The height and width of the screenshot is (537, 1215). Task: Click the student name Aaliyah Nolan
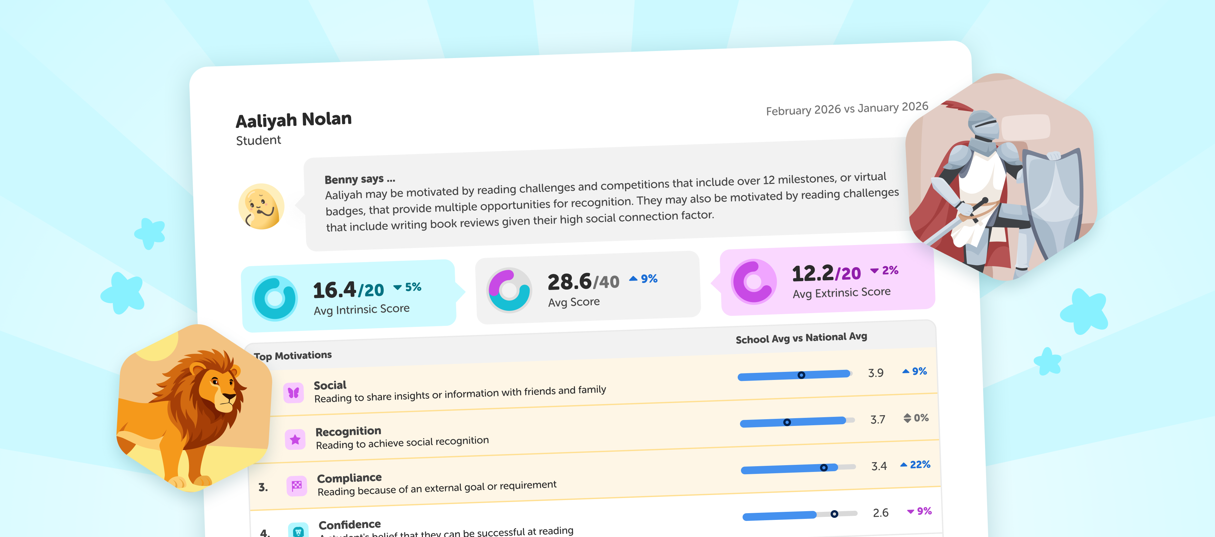tap(293, 120)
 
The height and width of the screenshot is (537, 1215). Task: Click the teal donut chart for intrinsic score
tap(275, 298)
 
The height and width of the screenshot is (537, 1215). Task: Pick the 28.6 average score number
tap(569, 282)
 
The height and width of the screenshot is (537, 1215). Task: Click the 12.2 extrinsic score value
tap(812, 274)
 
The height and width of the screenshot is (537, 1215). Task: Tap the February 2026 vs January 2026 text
tap(846, 109)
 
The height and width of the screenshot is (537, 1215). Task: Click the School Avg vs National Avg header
tap(801, 338)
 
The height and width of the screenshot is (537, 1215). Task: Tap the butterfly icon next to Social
tap(293, 393)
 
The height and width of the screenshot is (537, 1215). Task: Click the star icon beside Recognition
tap(295, 439)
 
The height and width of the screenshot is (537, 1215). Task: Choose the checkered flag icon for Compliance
tap(297, 486)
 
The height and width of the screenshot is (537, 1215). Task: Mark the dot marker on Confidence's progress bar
tap(834, 514)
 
